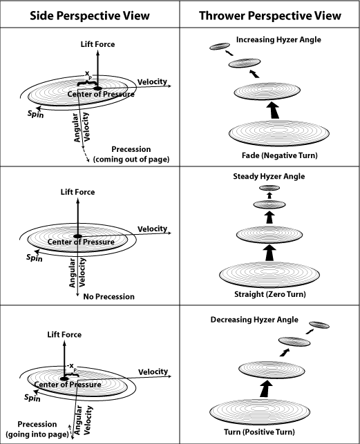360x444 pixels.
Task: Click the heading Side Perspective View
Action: (x=90, y=16)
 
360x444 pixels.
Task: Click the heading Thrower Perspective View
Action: (x=270, y=16)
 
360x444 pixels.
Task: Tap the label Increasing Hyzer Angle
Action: (x=278, y=39)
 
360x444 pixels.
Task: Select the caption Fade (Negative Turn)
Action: (x=279, y=155)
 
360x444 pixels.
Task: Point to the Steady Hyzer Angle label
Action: (x=269, y=176)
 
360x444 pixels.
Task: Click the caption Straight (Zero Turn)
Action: (x=270, y=294)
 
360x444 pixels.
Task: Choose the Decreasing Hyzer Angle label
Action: (x=254, y=320)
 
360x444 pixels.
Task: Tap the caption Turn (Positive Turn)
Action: (x=259, y=432)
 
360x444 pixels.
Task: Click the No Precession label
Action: (x=109, y=296)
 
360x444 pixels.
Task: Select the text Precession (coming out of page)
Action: (x=131, y=154)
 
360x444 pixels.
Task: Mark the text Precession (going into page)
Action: (x=37, y=429)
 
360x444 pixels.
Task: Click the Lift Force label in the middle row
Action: (x=77, y=192)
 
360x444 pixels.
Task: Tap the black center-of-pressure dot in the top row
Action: (x=97, y=88)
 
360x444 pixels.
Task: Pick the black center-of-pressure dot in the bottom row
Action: (x=65, y=378)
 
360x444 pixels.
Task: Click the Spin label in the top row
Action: (x=36, y=114)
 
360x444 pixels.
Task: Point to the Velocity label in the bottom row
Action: (x=153, y=371)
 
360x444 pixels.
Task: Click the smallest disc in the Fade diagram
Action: (x=220, y=46)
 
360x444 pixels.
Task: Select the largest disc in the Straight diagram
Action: (x=269, y=275)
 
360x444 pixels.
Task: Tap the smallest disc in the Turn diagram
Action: (x=319, y=325)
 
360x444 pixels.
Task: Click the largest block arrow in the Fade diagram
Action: (x=274, y=110)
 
